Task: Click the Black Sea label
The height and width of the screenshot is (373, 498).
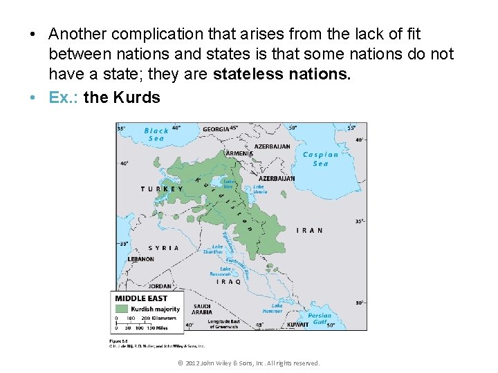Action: tap(156, 134)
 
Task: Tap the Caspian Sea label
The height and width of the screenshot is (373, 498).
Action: tap(320, 159)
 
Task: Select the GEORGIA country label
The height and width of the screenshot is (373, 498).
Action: tap(216, 129)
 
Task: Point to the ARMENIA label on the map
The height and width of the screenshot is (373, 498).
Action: tap(239, 153)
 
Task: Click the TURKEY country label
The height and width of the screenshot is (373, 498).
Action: tap(162, 189)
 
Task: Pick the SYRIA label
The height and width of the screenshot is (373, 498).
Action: tap(163, 247)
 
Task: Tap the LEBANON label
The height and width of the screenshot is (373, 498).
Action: tap(140, 259)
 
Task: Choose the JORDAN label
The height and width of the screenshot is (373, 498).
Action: tap(160, 286)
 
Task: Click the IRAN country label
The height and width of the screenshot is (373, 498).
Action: tap(309, 231)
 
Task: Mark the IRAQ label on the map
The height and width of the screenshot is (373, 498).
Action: tap(229, 282)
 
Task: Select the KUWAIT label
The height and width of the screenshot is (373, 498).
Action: tap(297, 324)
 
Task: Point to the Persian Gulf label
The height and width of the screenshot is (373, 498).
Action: tap(320, 319)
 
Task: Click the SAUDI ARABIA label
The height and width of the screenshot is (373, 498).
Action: tap(203, 310)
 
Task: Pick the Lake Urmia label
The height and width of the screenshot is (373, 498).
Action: tap(259, 189)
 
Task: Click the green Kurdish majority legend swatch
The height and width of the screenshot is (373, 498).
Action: tap(122, 309)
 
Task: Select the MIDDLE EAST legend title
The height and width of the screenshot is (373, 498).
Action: tap(141, 298)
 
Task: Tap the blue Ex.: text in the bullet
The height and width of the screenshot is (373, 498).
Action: tap(64, 97)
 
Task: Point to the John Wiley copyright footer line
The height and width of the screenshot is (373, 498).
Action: tap(248, 363)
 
